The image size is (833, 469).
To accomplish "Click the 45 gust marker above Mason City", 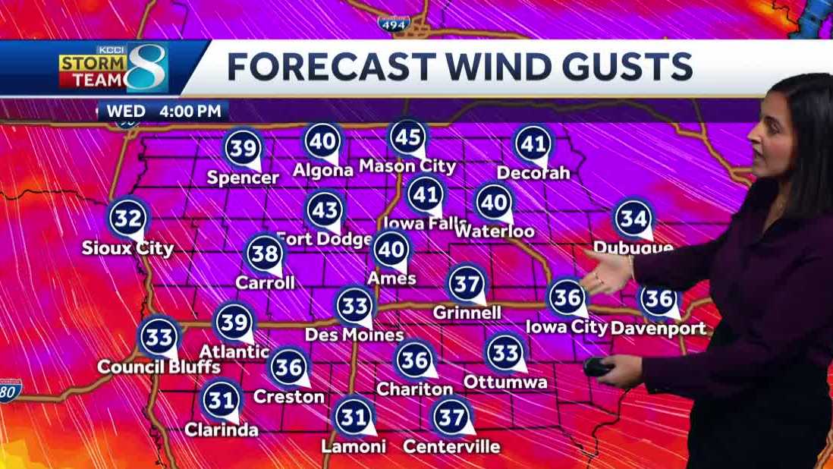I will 407,137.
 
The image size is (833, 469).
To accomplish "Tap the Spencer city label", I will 244,178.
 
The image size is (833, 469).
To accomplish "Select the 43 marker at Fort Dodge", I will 325,209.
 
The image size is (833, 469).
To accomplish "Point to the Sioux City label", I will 129,248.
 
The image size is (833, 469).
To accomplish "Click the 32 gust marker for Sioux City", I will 127,219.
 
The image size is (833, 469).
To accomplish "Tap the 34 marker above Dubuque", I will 633,219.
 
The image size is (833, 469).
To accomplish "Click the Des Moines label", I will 354,334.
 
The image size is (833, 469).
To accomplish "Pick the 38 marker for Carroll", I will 265,253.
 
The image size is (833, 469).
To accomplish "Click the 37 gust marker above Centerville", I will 451,417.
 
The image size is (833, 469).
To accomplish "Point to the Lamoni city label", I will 354,446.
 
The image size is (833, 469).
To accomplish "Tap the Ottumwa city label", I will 505,382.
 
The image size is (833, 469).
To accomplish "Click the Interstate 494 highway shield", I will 394,23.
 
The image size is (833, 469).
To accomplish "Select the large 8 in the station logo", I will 146,68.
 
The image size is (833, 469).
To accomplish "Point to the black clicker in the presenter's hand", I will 599,367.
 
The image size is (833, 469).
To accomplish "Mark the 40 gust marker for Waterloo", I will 494,202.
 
